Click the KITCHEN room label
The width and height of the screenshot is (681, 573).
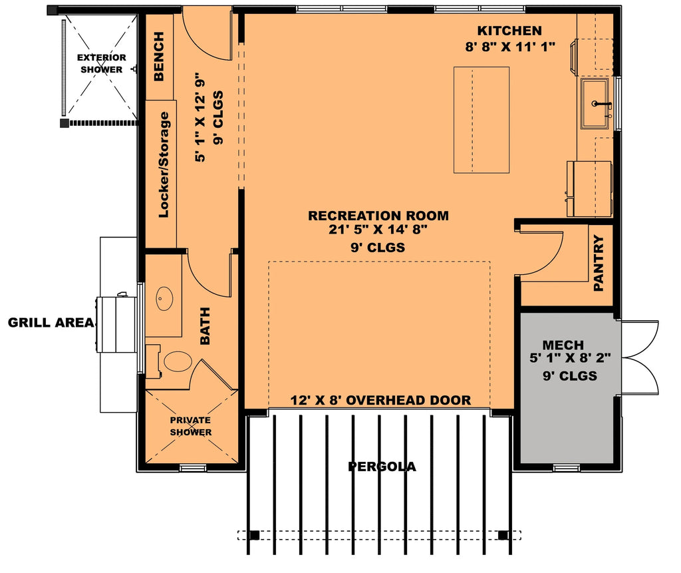[x=509, y=31]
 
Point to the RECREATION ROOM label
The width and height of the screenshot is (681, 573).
[x=378, y=216]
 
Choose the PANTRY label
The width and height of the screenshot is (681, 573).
[x=599, y=263]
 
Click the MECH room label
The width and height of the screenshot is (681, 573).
[x=563, y=345]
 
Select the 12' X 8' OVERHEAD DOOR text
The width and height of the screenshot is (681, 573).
[x=380, y=401]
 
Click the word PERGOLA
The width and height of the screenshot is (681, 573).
[x=382, y=467]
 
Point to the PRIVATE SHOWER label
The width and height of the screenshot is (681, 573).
[x=190, y=426]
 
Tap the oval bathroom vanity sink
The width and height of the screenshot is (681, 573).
[x=164, y=299]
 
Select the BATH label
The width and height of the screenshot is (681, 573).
[x=204, y=325]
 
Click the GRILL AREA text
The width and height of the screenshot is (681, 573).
[x=50, y=323]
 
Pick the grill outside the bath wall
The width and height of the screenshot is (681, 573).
[x=116, y=325]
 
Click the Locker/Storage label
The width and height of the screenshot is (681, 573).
[x=163, y=165]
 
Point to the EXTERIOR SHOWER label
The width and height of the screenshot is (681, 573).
[x=101, y=63]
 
